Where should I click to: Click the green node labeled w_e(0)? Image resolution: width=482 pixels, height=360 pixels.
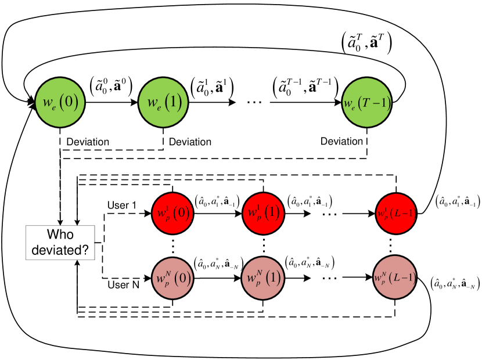60,103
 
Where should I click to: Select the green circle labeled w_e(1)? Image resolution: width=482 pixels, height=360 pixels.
164,103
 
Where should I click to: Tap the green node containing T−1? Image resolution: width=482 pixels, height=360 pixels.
367,103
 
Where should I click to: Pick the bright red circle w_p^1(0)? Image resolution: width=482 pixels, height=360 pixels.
172,213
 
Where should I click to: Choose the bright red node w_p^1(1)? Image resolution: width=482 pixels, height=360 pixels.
263,213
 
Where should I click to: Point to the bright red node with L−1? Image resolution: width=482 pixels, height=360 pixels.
396,213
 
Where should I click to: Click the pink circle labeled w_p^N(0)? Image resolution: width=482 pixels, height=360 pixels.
172,278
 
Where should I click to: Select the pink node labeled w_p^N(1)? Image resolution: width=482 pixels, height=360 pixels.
263,278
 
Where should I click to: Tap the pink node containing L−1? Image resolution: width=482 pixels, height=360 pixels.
395,277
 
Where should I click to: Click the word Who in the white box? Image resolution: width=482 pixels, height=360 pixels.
60,235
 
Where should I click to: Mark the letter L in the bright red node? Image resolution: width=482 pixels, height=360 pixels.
396,214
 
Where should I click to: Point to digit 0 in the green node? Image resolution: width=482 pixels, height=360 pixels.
69,103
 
